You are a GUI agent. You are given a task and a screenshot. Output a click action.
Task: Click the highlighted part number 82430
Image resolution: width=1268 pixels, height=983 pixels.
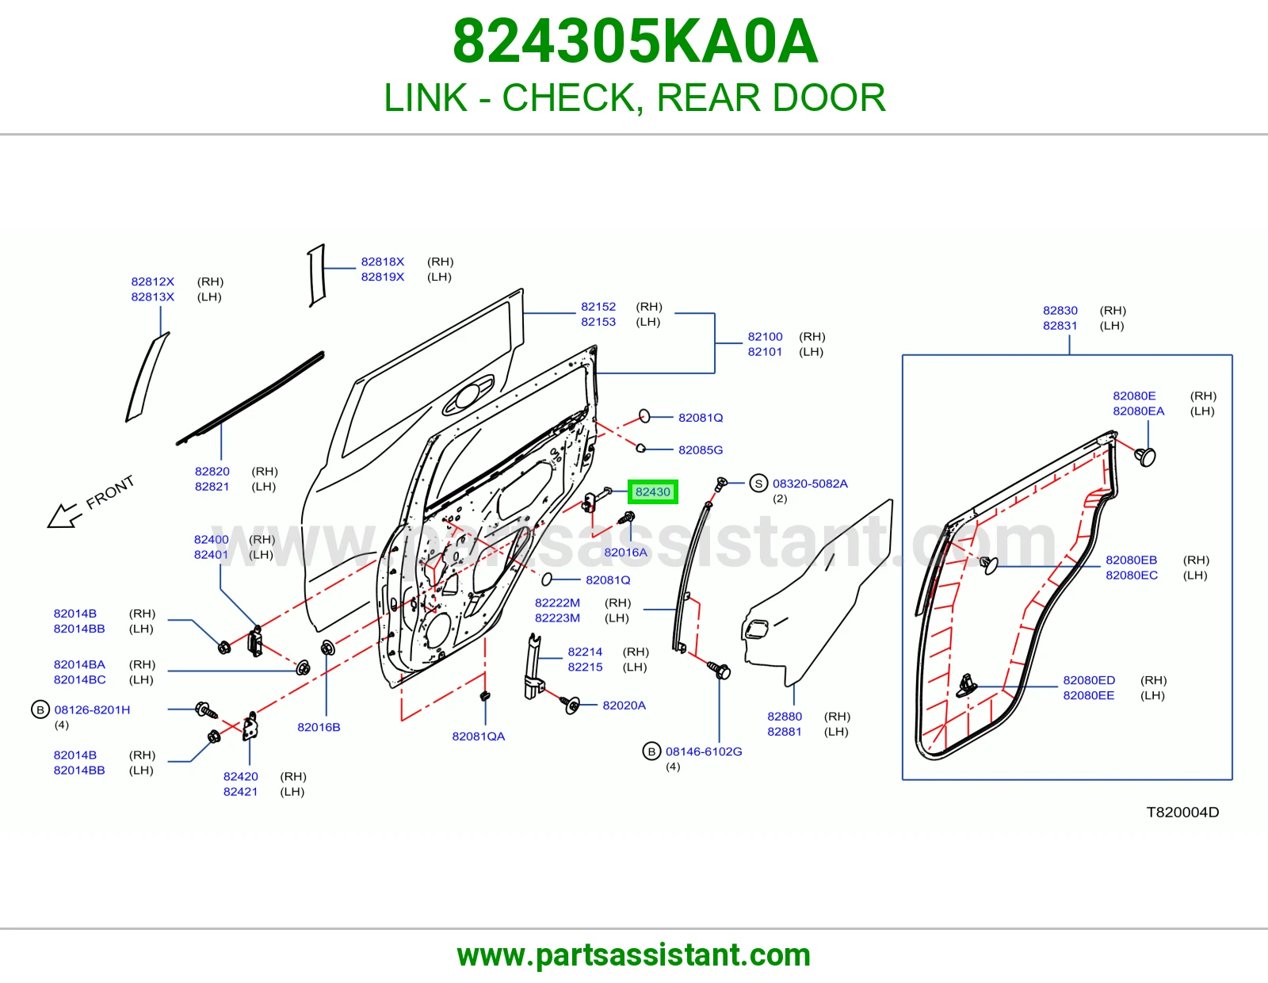(652, 491)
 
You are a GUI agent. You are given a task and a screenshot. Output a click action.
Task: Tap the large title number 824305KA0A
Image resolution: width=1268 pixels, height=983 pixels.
(635, 41)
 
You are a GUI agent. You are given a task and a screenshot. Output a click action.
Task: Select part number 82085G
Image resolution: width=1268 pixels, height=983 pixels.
(701, 449)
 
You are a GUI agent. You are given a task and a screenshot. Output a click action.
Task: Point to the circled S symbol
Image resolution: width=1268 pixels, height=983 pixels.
(758, 484)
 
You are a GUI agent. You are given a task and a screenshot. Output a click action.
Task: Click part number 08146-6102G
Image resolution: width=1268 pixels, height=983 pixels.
(704, 752)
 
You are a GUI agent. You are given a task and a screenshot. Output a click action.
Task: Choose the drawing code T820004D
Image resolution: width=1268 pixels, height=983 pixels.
(1182, 812)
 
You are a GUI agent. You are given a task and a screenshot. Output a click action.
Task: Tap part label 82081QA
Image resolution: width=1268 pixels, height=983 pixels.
(479, 736)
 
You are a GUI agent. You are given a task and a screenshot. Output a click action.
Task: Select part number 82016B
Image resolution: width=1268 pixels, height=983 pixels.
(319, 727)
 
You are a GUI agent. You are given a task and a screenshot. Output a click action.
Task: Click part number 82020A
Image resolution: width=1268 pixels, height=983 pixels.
(624, 706)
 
